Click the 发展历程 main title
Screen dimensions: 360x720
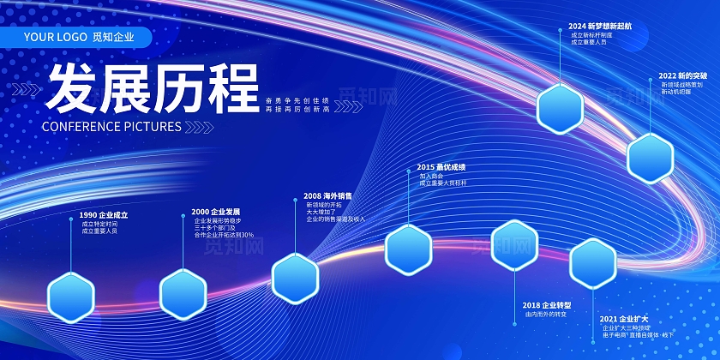pyautogui.click(x=153, y=88)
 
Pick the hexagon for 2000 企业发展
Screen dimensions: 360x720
pyautogui.click(x=183, y=293)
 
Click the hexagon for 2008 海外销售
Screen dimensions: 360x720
pyautogui.click(x=296, y=279)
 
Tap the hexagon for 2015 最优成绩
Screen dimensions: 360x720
pyautogui.click(x=408, y=249)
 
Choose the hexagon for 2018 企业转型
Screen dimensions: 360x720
pyautogui.click(x=514, y=245)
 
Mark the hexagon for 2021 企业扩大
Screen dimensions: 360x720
pyautogui.click(x=593, y=263)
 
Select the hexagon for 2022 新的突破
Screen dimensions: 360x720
pyautogui.click(x=651, y=159)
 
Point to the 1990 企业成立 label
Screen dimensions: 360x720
pyautogui.click(x=103, y=214)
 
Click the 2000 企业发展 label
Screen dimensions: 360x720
pyautogui.click(x=215, y=212)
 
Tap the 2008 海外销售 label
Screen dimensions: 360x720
pyautogui.click(x=327, y=195)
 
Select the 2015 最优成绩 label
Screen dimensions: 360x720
pyautogui.click(x=441, y=166)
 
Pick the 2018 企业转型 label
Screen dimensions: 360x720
pyautogui.click(x=546, y=305)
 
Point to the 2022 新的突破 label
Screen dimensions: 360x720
pyautogui.click(x=683, y=75)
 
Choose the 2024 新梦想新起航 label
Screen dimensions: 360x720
pyautogui.click(x=600, y=27)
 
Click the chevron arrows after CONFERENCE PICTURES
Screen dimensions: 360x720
pyautogui.click(x=200, y=126)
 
